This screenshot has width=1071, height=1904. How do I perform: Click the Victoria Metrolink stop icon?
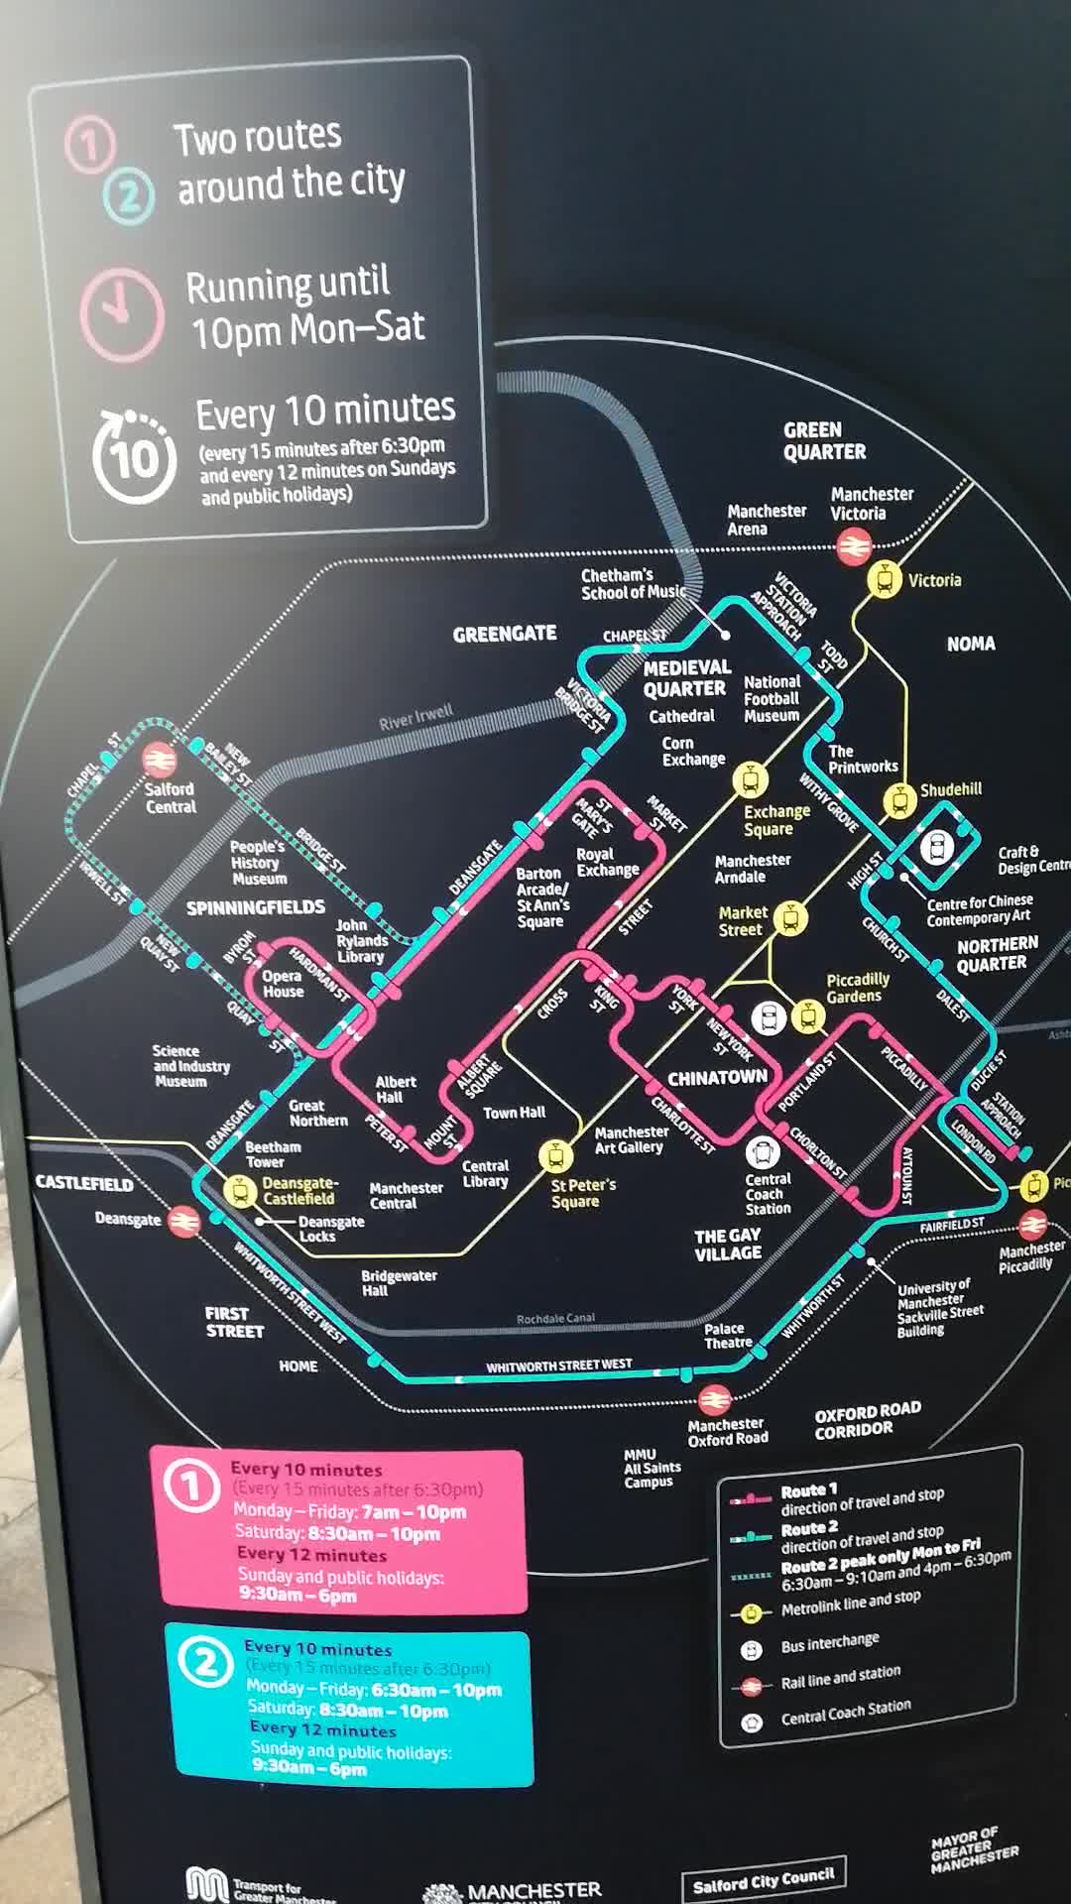(x=884, y=579)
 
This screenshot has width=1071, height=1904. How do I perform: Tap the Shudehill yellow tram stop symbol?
(x=898, y=799)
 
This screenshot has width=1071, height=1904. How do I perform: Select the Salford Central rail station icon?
(x=159, y=761)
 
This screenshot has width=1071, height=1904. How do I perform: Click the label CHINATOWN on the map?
(x=717, y=1077)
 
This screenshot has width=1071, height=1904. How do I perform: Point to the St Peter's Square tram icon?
(x=555, y=1155)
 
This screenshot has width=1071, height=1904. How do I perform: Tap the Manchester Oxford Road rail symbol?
(x=714, y=1400)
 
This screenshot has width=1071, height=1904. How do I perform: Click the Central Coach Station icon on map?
(x=762, y=1152)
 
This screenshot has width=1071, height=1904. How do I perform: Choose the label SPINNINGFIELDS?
(x=255, y=907)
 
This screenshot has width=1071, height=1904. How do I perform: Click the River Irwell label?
(x=416, y=717)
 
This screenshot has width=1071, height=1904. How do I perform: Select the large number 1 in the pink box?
(x=190, y=1486)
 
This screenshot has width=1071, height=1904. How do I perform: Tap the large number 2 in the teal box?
(x=205, y=1663)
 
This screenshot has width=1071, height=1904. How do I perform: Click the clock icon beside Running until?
(x=121, y=313)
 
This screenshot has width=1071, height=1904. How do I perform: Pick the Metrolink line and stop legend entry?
(x=850, y=1604)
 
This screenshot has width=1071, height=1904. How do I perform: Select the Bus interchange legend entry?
(x=829, y=1643)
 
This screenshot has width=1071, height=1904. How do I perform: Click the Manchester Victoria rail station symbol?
(x=853, y=544)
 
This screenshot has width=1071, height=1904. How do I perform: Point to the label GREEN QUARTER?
(x=824, y=441)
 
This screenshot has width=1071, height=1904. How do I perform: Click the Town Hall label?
(x=514, y=1113)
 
